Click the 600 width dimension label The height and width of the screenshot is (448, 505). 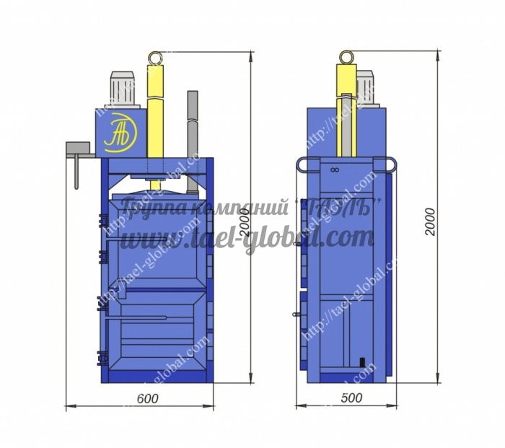(x=146, y=398)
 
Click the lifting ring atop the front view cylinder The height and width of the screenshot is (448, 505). (x=154, y=56)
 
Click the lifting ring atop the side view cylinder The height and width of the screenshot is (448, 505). (x=347, y=56)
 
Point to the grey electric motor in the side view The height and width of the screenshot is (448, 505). (x=366, y=89)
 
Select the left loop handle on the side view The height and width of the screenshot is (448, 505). (x=302, y=164)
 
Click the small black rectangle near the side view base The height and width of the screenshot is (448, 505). (x=361, y=361)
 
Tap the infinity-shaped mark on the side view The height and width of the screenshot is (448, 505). (x=334, y=170)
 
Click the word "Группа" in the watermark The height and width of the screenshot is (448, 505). (x=144, y=208)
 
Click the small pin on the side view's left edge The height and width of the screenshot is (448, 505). (x=296, y=315)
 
